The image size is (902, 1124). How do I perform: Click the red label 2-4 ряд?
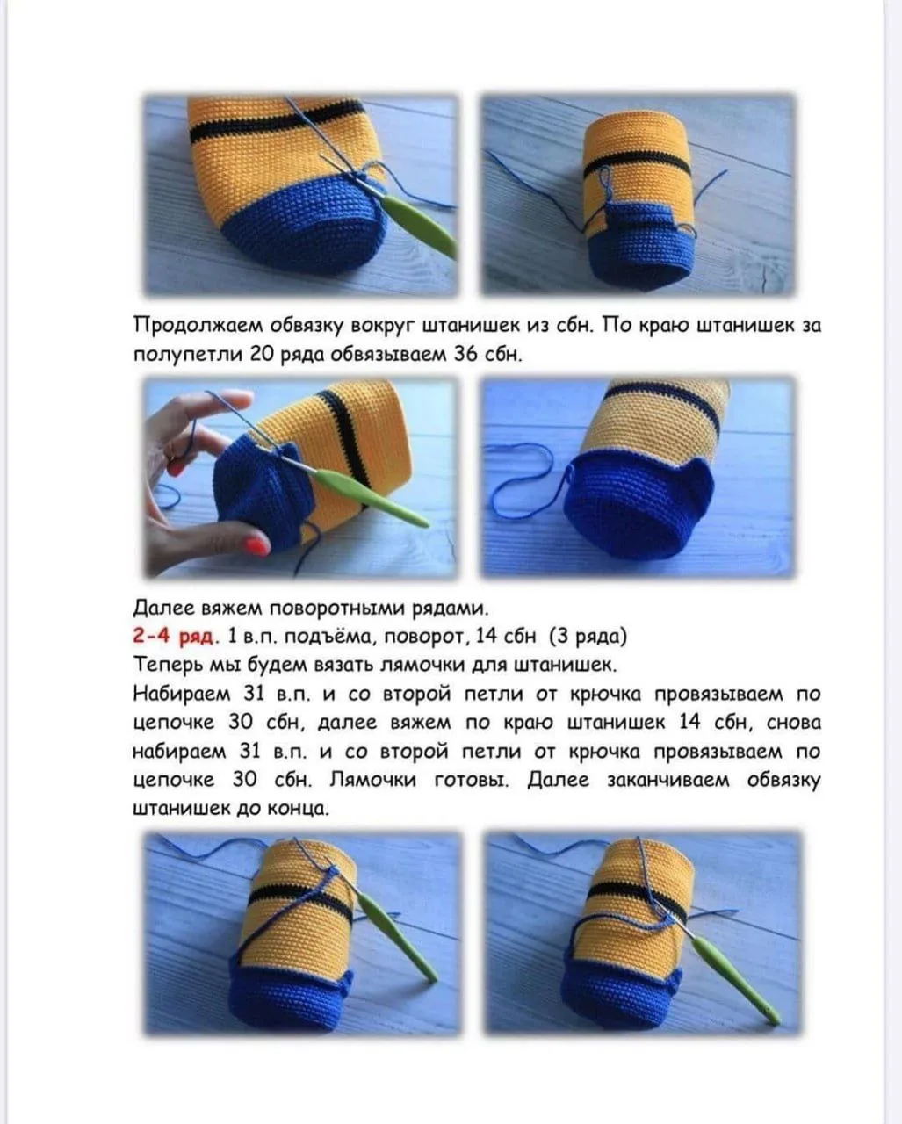click(x=175, y=636)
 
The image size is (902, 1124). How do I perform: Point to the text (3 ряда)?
click(x=588, y=636)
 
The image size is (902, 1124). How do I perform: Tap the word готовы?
click(x=472, y=779)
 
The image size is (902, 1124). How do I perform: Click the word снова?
click(x=793, y=723)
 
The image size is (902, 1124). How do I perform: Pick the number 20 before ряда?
click(x=262, y=355)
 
